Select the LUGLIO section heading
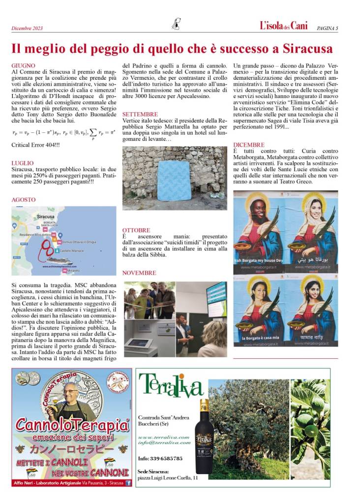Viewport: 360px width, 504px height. (x=23, y=162)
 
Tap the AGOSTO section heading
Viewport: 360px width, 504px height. (x=24, y=200)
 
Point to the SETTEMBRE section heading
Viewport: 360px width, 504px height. (x=140, y=114)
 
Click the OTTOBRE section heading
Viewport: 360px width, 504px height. (x=136, y=230)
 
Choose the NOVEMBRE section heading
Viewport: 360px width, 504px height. (x=139, y=273)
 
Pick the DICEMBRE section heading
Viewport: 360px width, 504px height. (x=249, y=145)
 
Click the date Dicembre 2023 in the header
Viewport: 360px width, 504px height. (x=27, y=28)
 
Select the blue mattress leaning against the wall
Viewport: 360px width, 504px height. (x=173, y=180)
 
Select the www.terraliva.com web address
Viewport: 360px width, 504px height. (x=164, y=437)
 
